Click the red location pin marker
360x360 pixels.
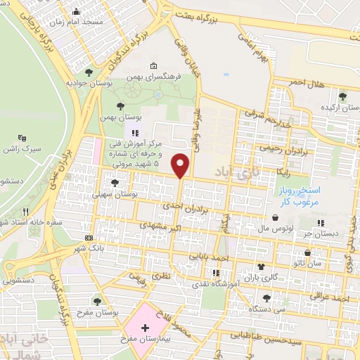point(181,165)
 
